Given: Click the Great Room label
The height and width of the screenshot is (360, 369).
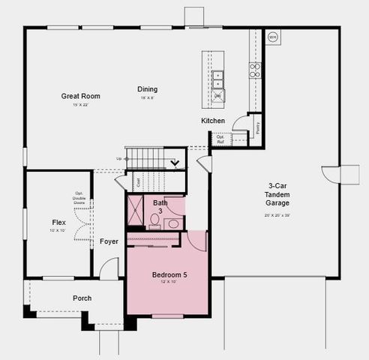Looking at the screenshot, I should (x=81, y=96).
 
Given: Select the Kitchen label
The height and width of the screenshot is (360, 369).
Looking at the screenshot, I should (x=213, y=121).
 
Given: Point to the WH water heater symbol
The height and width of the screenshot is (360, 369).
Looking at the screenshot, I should (x=272, y=36).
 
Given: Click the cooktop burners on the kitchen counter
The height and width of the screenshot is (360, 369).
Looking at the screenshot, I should (x=255, y=70).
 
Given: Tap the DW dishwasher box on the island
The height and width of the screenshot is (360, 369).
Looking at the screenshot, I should (x=217, y=96).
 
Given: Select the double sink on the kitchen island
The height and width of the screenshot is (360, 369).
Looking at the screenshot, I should (x=217, y=78).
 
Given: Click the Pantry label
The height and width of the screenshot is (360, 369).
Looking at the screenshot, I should (x=256, y=128).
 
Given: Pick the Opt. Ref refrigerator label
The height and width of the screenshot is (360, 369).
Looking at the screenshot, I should (x=220, y=139).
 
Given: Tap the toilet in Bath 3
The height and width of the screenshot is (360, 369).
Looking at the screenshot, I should (x=155, y=220).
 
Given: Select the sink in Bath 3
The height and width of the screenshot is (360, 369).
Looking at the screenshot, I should (x=172, y=223).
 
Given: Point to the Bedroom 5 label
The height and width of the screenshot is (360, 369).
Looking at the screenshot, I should (x=169, y=275).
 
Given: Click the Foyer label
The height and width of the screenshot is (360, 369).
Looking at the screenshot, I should (x=109, y=241).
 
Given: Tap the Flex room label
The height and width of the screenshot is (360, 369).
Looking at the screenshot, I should (x=58, y=223).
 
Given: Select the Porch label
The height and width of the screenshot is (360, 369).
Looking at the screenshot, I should (x=82, y=298).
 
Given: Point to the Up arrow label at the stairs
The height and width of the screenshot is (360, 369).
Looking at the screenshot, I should (x=118, y=159).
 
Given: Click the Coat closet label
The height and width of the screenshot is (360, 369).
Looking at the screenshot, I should (x=139, y=181).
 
